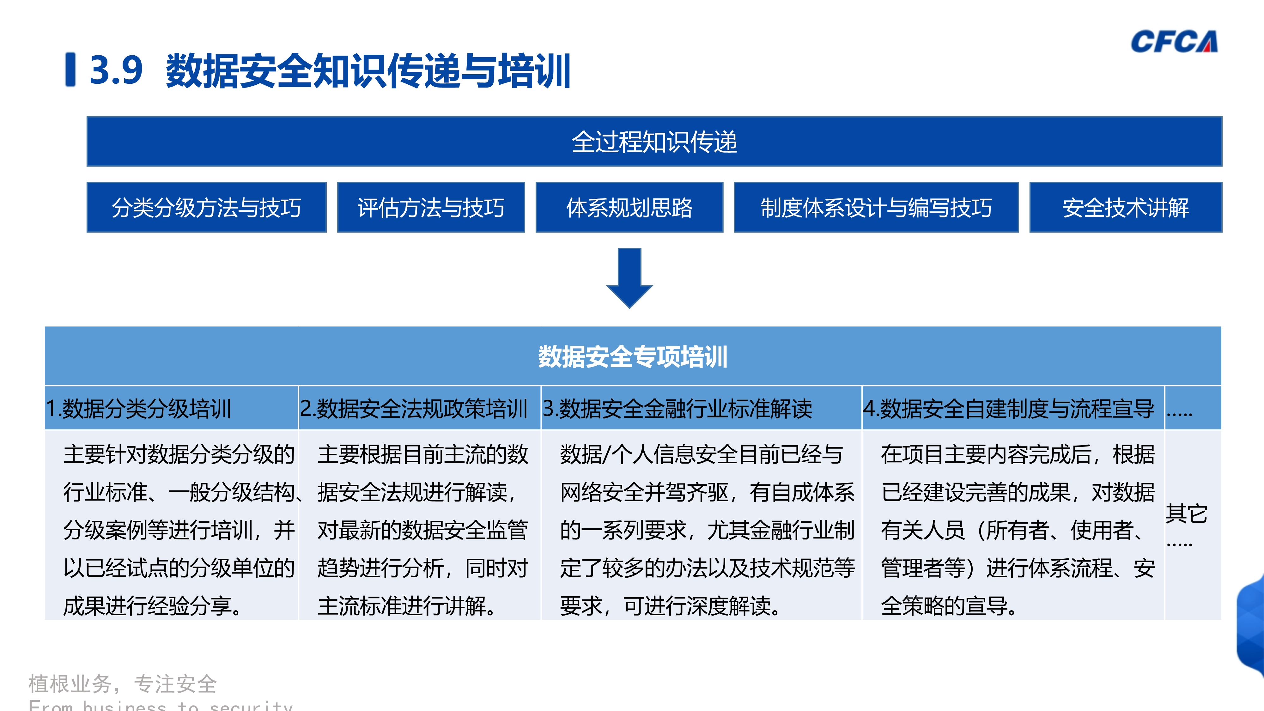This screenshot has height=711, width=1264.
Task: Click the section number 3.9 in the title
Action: click(116, 70)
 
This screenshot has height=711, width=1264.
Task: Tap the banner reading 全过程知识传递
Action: click(654, 142)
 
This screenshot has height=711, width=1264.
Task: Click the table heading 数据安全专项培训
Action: click(633, 357)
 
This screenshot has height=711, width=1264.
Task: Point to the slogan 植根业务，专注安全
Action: click(123, 684)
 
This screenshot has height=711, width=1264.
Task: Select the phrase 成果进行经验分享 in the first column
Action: click(147, 606)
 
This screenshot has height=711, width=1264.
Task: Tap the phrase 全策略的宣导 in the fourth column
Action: click(945, 606)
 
